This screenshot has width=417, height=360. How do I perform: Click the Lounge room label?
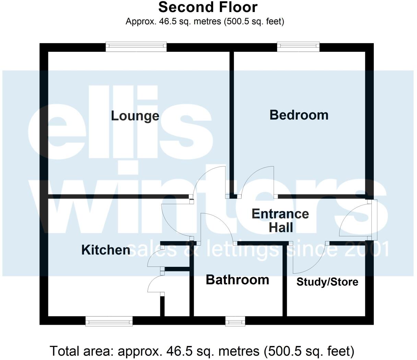coord(135,116)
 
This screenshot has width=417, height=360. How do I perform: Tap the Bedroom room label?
coord(299,115)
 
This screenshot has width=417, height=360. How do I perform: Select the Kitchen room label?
coord(106,250)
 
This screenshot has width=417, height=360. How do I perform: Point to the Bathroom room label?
coord(237,280)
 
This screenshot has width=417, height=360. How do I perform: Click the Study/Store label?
coord(327,282)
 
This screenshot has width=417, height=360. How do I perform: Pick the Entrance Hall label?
coord(280,221)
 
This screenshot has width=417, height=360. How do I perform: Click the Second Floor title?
coord(208,7)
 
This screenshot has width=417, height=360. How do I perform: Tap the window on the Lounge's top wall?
coord(136,47)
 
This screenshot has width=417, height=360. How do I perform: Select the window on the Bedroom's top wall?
coord(298,47)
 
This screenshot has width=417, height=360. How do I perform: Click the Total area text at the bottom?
coord(202,351)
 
